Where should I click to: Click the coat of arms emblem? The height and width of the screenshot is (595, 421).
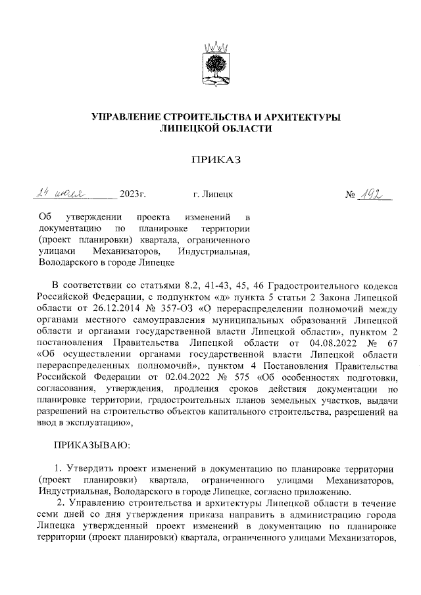coord(213,66)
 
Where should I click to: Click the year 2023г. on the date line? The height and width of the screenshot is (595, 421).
coord(132,195)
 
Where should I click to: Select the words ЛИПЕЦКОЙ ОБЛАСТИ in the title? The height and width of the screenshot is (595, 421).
coord(216,130)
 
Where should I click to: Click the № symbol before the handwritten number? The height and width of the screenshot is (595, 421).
coord(351,195)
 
